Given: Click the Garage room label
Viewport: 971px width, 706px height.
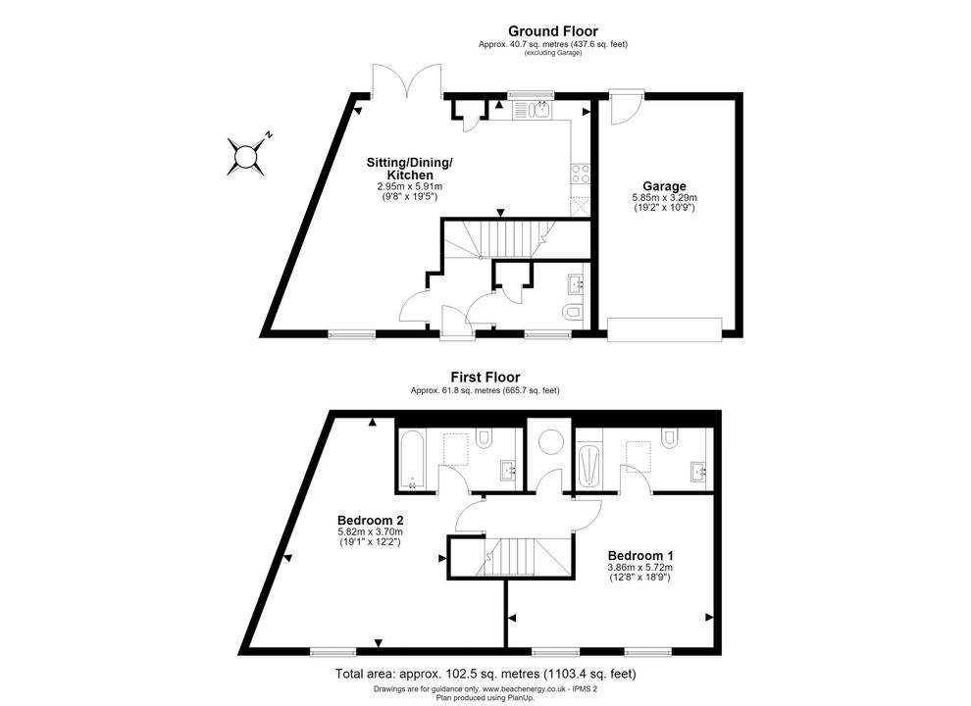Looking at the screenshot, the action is coord(664,185).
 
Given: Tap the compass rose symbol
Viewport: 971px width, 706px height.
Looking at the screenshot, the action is coord(246,156).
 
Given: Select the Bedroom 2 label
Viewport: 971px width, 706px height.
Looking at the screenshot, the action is coord(371,521).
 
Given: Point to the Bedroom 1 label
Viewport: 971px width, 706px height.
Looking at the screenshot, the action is coord(640,556).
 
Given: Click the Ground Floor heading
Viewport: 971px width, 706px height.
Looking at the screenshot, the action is coord(553,31).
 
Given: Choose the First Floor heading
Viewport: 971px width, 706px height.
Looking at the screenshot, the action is coord(485,377).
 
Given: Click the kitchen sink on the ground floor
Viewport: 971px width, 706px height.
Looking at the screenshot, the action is coord(534,110).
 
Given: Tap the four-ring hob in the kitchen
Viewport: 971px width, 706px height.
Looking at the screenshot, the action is coord(581,174).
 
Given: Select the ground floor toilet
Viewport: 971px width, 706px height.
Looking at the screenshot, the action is coord(572,313).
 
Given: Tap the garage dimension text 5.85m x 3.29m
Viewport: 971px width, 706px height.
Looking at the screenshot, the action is coord(664,197).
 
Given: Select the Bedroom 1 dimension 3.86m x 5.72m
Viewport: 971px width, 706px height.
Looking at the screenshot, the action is coord(640,567).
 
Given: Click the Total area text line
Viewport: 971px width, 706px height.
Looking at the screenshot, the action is coord(485,674).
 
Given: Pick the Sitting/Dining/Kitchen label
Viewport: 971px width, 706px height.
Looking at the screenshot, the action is coord(409,169).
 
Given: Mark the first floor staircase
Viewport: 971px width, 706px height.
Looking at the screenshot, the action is coord(524,557).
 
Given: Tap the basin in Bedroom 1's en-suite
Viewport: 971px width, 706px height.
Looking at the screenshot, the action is coord(700,472).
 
